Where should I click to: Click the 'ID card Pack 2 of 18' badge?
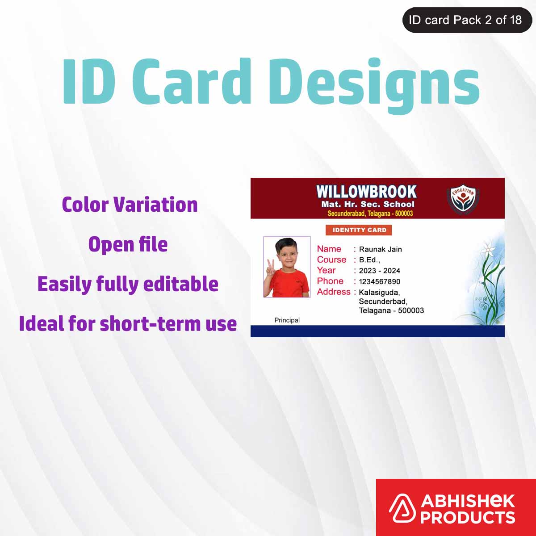click(467, 20)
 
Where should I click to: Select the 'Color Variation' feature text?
click(130, 205)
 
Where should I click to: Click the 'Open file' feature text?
click(128, 244)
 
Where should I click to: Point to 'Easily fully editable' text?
click(128, 284)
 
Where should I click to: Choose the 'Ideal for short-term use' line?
click(128, 324)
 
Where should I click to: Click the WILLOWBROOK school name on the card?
click(366, 192)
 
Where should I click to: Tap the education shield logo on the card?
click(462, 199)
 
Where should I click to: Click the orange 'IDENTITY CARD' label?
click(359, 230)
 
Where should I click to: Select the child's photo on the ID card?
click(287, 267)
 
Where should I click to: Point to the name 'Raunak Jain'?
click(380, 249)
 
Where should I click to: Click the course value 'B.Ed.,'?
click(369, 260)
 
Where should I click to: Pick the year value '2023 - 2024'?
click(379, 271)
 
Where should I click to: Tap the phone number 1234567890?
click(379, 281)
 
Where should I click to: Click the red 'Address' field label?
click(333, 292)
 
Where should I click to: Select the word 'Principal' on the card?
click(287, 320)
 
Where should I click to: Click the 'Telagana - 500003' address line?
click(391, 310)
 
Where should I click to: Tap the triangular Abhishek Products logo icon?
click(402, 509)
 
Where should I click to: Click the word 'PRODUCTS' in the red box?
click(467, 517)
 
